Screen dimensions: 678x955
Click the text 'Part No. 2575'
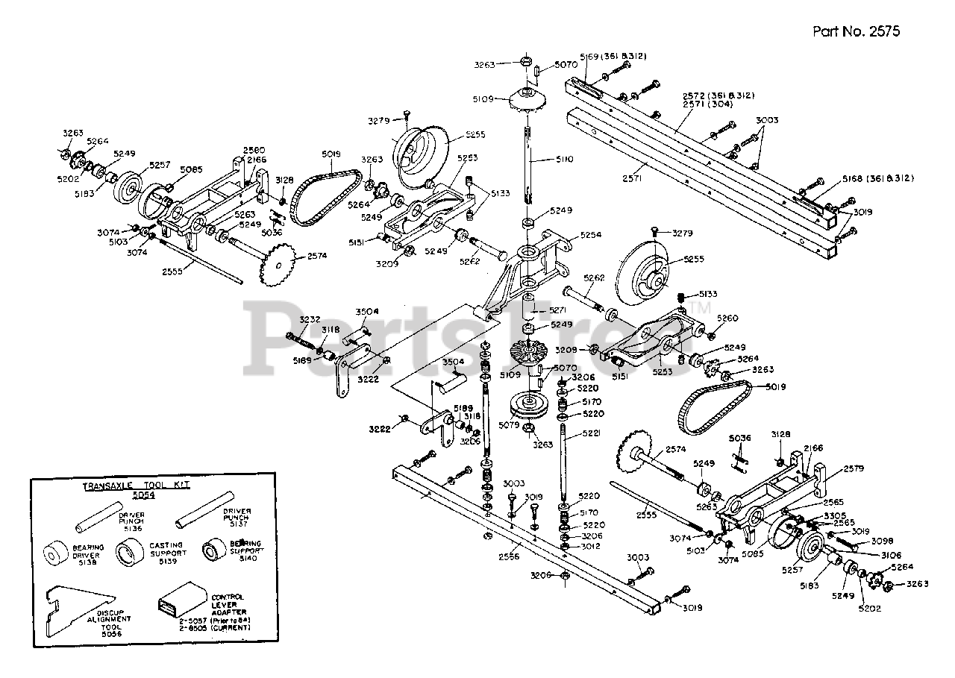pos(856,31)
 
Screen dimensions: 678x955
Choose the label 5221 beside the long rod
pos(592,433)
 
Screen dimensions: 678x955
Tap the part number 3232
pos(310,319)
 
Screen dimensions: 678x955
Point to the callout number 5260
pos(727,318)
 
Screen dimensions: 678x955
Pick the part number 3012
pos(591,547)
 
